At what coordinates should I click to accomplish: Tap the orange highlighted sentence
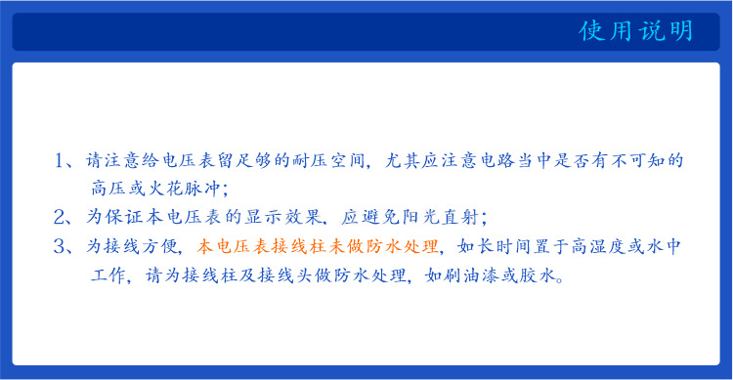point(320,246)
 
